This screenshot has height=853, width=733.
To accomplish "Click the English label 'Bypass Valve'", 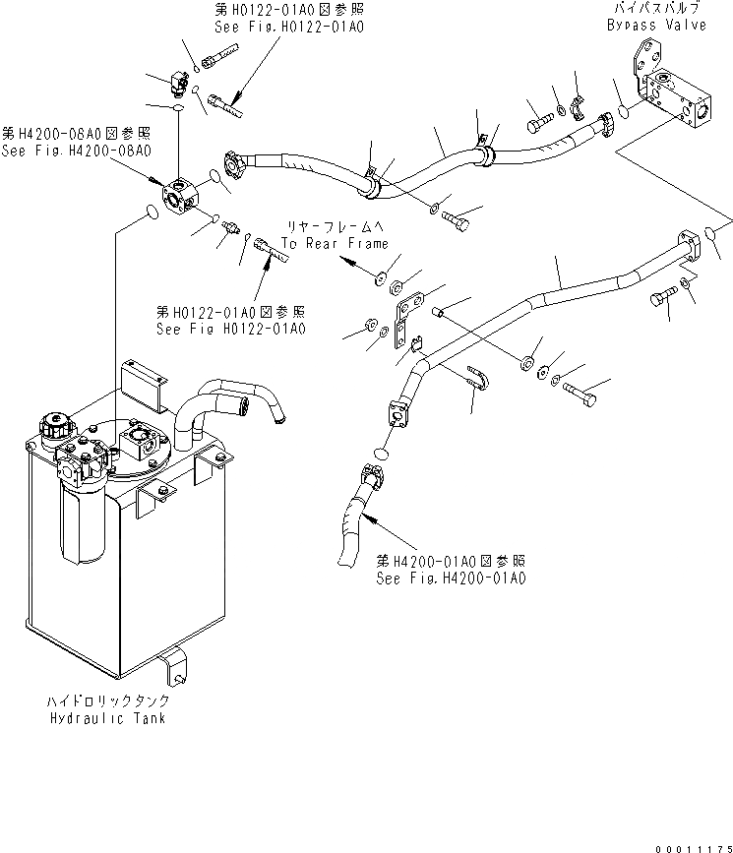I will (656, 25).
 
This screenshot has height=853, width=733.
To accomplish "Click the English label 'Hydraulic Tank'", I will (109, 717).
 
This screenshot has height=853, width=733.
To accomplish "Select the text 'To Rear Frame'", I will (335, 243).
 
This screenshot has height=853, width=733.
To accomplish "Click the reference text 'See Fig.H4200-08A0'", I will (76, 151).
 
